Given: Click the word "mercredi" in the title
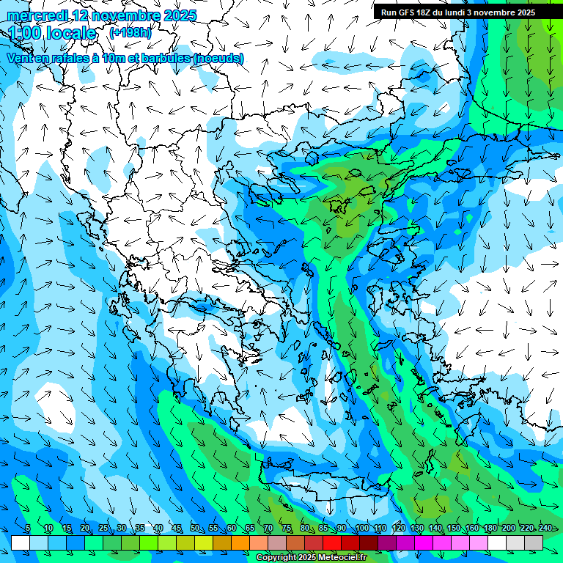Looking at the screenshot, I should point(38,15).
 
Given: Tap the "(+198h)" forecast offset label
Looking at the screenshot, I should point(130,33).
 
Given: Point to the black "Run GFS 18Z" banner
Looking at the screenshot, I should point(457,12).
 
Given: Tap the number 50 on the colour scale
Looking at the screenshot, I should point(195,529).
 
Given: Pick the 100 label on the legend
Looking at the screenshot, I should point(361,529).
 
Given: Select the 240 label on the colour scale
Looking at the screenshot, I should point(545,529).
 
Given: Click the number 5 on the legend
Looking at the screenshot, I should point(28,529).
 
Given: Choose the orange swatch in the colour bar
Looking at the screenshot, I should point(240,542).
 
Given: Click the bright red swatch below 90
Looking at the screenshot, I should point(332,542).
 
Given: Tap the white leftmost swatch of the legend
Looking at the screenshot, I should point(21,542).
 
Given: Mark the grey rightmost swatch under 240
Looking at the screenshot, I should point(534,542).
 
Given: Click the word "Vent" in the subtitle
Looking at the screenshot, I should point(20,59).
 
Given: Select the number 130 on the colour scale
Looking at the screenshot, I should point(416,529).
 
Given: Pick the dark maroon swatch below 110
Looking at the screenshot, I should point(369,542).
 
